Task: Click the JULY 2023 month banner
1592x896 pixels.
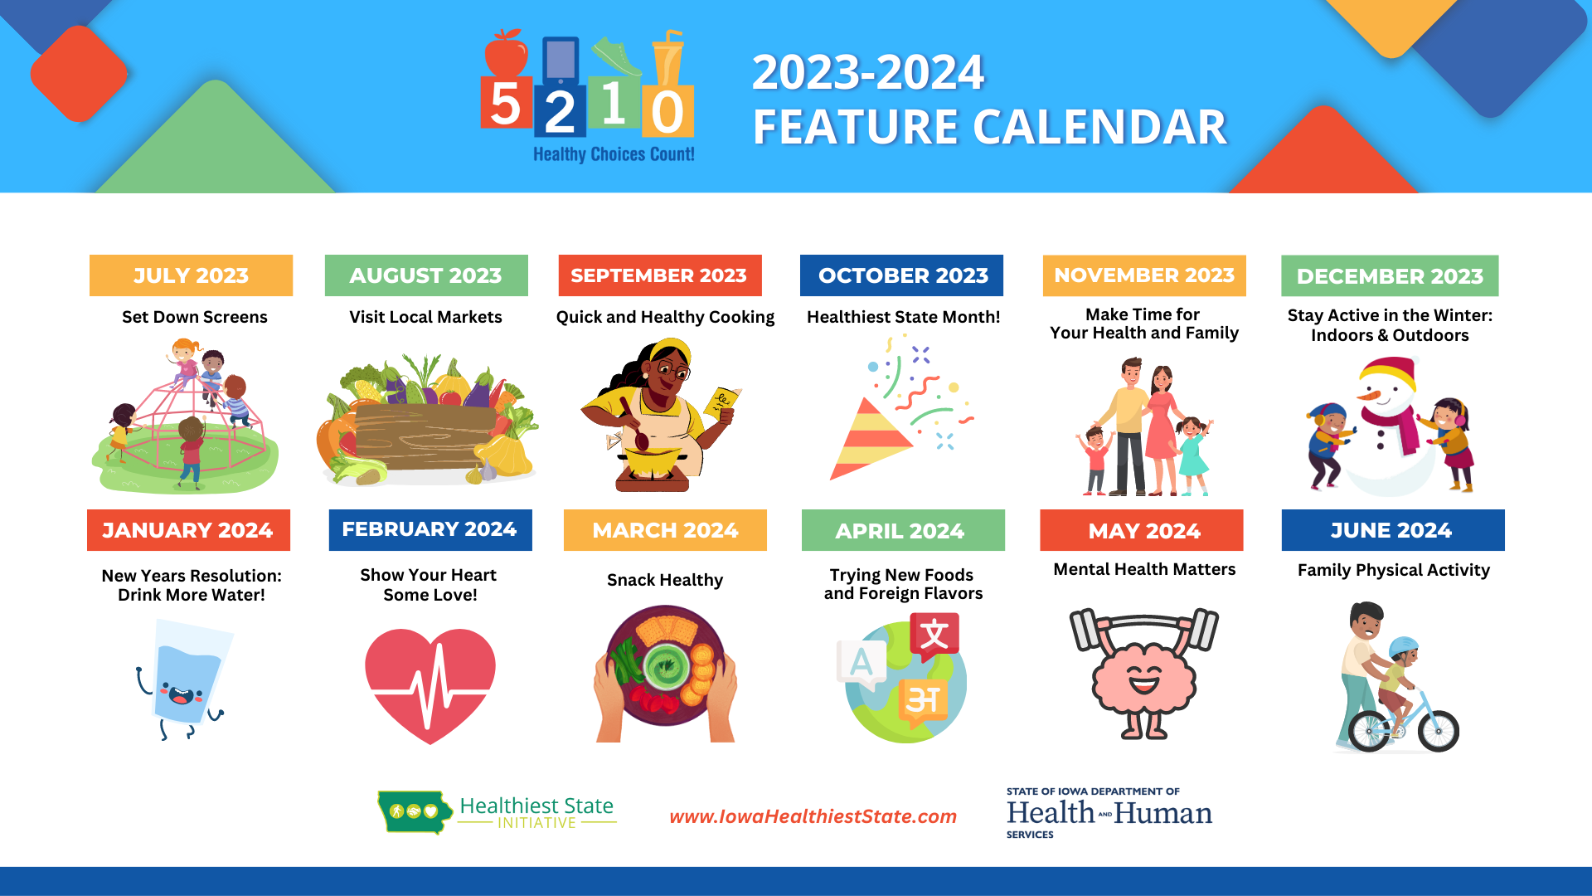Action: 191,275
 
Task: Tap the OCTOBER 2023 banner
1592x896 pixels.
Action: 901,275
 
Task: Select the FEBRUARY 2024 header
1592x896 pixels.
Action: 430,529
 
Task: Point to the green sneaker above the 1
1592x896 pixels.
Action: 616,56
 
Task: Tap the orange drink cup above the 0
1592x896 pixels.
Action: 667,58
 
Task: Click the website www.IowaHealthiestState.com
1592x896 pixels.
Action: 813,816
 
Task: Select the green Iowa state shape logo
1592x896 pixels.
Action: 413,811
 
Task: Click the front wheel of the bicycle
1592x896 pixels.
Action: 1438,730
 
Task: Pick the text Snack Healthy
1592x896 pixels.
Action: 665,580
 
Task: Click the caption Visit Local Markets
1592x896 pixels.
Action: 425,317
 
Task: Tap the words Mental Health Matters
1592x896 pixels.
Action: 1144,569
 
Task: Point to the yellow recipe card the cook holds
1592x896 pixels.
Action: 721,402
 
